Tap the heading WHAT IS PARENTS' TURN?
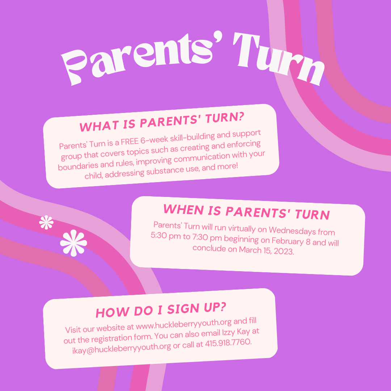pos(161,122)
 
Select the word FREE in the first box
pos(129,142)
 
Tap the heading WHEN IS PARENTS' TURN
pos(247,212)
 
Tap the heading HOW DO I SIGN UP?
pos(161,310)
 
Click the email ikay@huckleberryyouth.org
pos(122,348)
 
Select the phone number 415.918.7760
pos(228,343)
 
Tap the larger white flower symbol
pos(73,243)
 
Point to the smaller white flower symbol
pos(46,222)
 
